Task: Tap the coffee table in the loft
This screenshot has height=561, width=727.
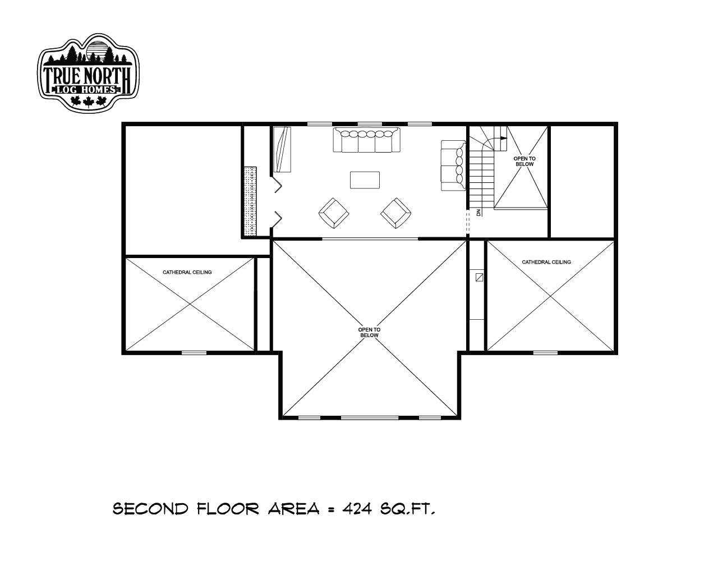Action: tap(365, 180)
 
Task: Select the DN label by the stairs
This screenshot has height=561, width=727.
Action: tap(478, 213)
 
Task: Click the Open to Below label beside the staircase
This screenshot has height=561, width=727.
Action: tap(524, 161)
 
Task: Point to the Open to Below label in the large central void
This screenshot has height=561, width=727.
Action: tap(369, 332)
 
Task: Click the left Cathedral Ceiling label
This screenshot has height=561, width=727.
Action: tap(187, 272)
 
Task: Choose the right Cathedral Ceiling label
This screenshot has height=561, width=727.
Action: tap(546, 262)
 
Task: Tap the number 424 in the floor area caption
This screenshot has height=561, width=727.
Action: tap(357, 509)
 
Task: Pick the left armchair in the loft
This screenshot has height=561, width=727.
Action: tap(334, 213)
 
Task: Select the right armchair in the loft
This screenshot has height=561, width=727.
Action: tap(396, 213)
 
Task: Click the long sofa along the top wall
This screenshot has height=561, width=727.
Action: tap(367, 140)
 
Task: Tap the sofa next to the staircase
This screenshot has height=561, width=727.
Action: tap(453, 165)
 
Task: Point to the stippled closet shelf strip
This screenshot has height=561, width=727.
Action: tap(250, 202)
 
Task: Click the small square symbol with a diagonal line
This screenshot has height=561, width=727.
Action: tap(480, 277)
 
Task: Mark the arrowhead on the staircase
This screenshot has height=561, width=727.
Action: tap(504, 137)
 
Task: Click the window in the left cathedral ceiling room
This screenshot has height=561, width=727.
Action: tap(194, 352)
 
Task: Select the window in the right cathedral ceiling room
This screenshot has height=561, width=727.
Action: tap(545, 352)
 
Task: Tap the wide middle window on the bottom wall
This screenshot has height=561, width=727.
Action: tap(370, 417)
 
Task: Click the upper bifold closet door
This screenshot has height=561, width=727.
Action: tap(277, 183)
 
